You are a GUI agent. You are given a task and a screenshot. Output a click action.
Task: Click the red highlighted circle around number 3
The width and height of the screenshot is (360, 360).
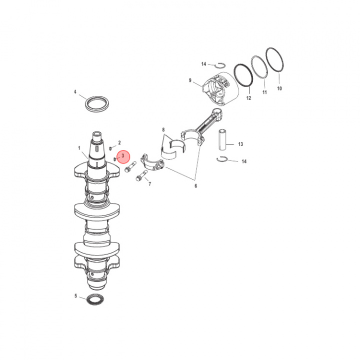(123, 157)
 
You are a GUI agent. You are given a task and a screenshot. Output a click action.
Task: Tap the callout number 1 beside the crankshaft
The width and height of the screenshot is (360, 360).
(79, 148)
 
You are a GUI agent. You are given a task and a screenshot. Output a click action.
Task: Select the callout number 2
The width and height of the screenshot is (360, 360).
(119, 143)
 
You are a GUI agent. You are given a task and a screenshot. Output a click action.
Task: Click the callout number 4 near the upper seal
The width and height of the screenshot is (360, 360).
(75, 92)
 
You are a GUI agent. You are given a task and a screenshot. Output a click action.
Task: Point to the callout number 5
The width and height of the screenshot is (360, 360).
(76, 295)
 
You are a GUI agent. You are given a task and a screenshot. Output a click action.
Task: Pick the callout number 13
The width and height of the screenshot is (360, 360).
(240, 144)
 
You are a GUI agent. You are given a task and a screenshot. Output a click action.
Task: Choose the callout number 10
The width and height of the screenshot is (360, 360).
(279, 88)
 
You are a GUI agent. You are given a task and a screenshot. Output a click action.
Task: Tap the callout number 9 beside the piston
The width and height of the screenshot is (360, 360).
(190, 80)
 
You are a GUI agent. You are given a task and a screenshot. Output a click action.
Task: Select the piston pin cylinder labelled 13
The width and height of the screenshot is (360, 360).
(222, 140)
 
